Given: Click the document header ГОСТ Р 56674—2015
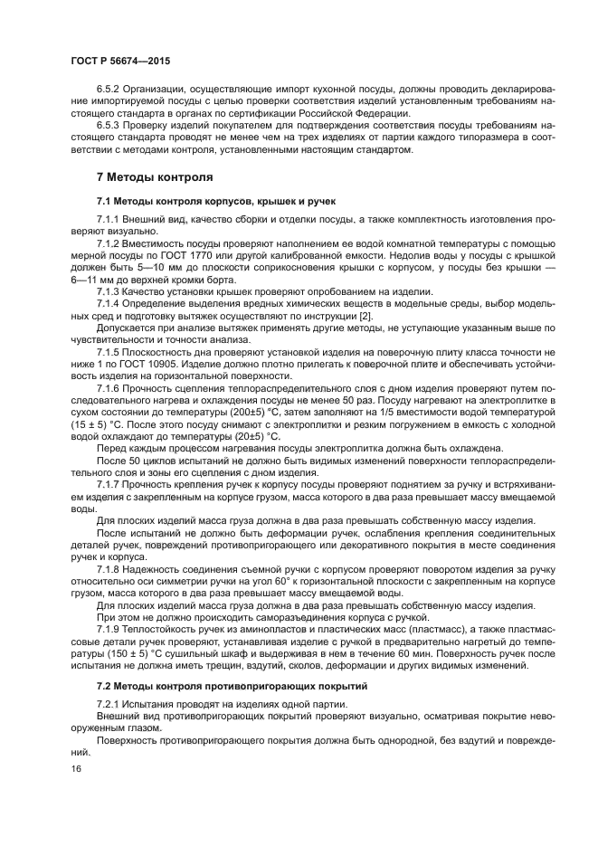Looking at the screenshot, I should coord(119,61).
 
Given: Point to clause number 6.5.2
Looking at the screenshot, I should coord(110,89).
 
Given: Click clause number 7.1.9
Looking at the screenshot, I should coord(110,630).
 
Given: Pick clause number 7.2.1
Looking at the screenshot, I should coord(110,705).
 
